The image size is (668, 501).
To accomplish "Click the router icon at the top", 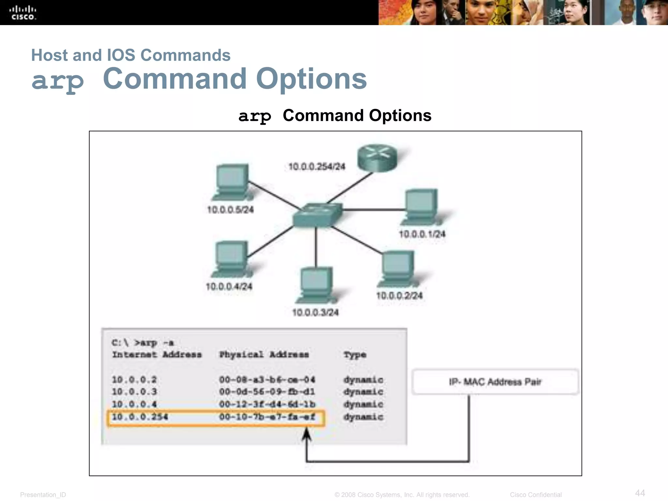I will click(x=377, y=158).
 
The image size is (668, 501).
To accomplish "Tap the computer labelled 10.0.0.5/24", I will click(x=231, y=181).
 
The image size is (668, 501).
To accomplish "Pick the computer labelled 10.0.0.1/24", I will click(x=421, y=207).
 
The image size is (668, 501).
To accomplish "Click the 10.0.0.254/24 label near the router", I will click(x=317, y=167).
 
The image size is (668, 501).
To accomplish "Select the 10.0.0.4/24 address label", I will click(x=229, y=287).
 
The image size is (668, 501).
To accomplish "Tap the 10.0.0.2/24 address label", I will click(x=399, y=296).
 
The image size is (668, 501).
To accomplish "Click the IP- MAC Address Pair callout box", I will click(x=495, y=382).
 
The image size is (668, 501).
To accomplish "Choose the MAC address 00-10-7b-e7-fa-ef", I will click(x=267, y=417).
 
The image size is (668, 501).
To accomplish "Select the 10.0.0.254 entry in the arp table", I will click(x=140, y=417).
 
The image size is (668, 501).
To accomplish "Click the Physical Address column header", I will click(x=264, y=355).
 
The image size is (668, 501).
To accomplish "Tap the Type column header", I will click(x=355, y=355).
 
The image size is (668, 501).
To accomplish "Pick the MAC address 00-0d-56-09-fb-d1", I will click(x=267, y=392).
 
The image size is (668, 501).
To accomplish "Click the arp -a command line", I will click(x=143, y=343).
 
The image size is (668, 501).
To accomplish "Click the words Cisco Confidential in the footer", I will click(x=536, y=495).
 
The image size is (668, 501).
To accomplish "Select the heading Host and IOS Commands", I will click(x=131, y=55).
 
